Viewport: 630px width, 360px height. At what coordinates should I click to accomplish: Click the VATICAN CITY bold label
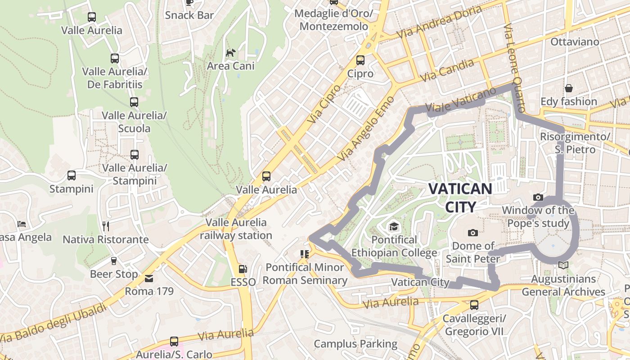coord(460,198)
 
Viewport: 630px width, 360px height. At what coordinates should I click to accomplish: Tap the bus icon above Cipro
coord(360,60)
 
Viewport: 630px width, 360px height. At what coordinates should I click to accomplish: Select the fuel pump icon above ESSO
coord(243,269)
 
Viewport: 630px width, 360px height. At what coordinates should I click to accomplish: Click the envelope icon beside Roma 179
coord(149,278)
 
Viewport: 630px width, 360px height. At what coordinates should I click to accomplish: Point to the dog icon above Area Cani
coord(230,53)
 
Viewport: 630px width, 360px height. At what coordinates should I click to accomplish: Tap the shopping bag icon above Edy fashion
coord(569,88)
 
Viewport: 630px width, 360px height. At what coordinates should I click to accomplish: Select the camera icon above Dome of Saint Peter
coord(472,233)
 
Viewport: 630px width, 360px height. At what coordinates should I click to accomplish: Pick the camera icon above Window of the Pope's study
coord(538,197)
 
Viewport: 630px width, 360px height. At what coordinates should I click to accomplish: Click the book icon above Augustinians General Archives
coord(563,265)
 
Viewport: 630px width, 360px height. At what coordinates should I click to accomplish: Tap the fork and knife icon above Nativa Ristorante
coord(106,226)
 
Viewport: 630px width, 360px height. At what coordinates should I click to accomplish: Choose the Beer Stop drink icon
coord(114,261)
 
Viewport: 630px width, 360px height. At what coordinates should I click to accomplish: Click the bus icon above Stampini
coord(71,175)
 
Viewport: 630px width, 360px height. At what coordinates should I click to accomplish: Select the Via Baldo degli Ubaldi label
coord(54,323)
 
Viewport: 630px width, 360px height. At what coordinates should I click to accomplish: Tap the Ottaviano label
coord(575,42)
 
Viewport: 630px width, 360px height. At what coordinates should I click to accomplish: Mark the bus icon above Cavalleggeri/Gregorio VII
coord(474,305)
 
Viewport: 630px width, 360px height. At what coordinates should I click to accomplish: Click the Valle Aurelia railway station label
coord(236,229)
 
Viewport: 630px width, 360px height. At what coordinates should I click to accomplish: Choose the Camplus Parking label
coord(355,344)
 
